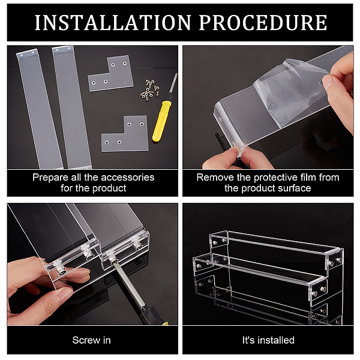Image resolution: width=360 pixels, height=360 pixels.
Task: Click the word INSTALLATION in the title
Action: pyautogui.click(x=113, y=23)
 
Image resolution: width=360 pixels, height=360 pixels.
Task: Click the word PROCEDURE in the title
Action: pyautogui.click(x=263, y=23)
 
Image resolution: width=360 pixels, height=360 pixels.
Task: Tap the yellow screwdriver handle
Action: pyautogui.click(x=162, y=121)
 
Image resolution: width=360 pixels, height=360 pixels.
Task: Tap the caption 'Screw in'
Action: pyautogui.click(x=92, y=340)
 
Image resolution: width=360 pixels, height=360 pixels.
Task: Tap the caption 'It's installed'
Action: pyautogui.click(x=268, y=340)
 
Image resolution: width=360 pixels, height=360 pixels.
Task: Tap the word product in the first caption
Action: pyautogui.click(x=109, y=188)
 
